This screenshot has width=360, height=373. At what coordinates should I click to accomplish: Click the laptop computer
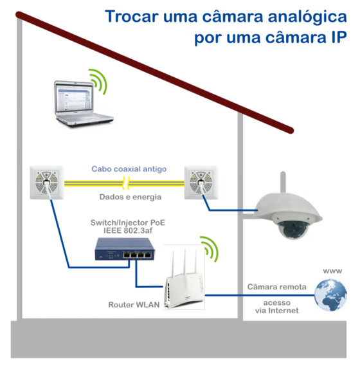click(83, 104)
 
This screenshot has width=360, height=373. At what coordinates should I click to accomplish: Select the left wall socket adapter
click(47, 183)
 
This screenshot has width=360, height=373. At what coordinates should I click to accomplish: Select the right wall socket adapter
click(201, 183)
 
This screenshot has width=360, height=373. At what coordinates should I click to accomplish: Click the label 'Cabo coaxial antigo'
click(129, 169)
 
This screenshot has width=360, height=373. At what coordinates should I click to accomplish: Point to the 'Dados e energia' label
click(130, 197)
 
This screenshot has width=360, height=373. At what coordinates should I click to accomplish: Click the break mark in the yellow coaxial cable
click(126, 183)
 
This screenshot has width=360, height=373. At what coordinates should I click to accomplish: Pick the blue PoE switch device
click(125, 249)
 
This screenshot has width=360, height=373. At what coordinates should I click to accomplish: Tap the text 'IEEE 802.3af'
click(128, 230)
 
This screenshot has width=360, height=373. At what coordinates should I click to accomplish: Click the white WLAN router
click(184, 280)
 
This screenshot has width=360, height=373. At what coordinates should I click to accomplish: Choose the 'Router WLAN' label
click(134, 305)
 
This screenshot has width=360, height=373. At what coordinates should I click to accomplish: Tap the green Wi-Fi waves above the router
click(210, 249)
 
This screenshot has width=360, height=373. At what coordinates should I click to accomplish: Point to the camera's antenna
click(283, 183)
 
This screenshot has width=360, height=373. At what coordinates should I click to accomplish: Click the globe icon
click(330, 295)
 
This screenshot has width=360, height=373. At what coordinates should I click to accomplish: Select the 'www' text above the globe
click(332, 271)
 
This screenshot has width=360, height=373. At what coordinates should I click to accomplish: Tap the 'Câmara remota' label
click(277, 287)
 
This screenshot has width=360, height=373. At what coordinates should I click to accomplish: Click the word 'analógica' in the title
click(307, 17)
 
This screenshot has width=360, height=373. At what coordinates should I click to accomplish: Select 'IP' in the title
click(338, 37)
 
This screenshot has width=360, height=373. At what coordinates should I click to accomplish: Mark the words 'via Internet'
click(277, 311)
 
